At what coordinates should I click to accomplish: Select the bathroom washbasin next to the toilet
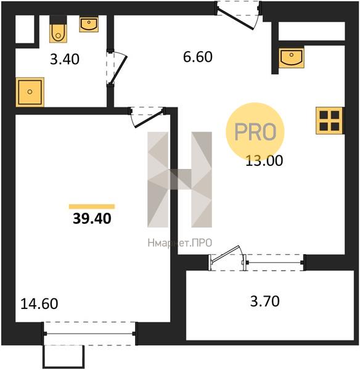[x=89, y=24]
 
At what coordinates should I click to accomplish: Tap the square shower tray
[x=30, y=92]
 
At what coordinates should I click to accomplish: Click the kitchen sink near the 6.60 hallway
[x=292, y=57]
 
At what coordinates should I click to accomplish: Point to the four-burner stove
[x=329, y=121]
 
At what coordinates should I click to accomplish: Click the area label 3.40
[x=65, y=59]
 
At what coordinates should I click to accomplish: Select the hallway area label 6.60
[x=198, y=57]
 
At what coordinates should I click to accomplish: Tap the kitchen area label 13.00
[x=264, y=161]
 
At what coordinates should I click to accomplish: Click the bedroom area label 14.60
[x=39, y=303]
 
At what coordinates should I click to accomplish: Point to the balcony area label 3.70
[x=264, y=302]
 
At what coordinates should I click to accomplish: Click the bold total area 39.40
[x=92, y=218]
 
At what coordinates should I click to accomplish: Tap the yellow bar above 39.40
[x=92, y=207]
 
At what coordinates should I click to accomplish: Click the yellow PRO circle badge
[x=255, y=132]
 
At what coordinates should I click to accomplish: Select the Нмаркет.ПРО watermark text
[x=180, y=243]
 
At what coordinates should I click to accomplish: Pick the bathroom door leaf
[x=118, y=70]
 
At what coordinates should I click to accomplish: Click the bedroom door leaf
[x=149, y=118]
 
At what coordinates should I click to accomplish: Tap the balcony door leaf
[x=225, y=255]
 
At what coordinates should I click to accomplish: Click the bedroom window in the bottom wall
[x=89, y=334]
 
